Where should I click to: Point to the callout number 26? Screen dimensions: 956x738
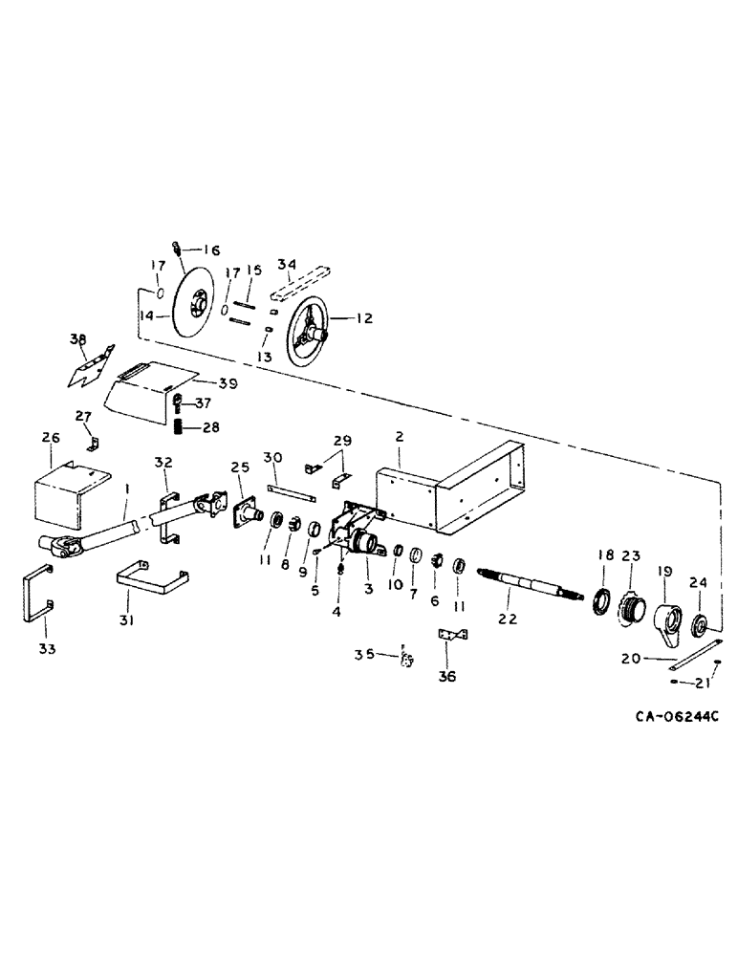(51, 438)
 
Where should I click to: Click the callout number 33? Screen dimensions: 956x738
(47, 649)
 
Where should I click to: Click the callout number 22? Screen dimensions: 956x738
(507, 620)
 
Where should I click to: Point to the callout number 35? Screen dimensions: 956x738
(363, 656)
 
